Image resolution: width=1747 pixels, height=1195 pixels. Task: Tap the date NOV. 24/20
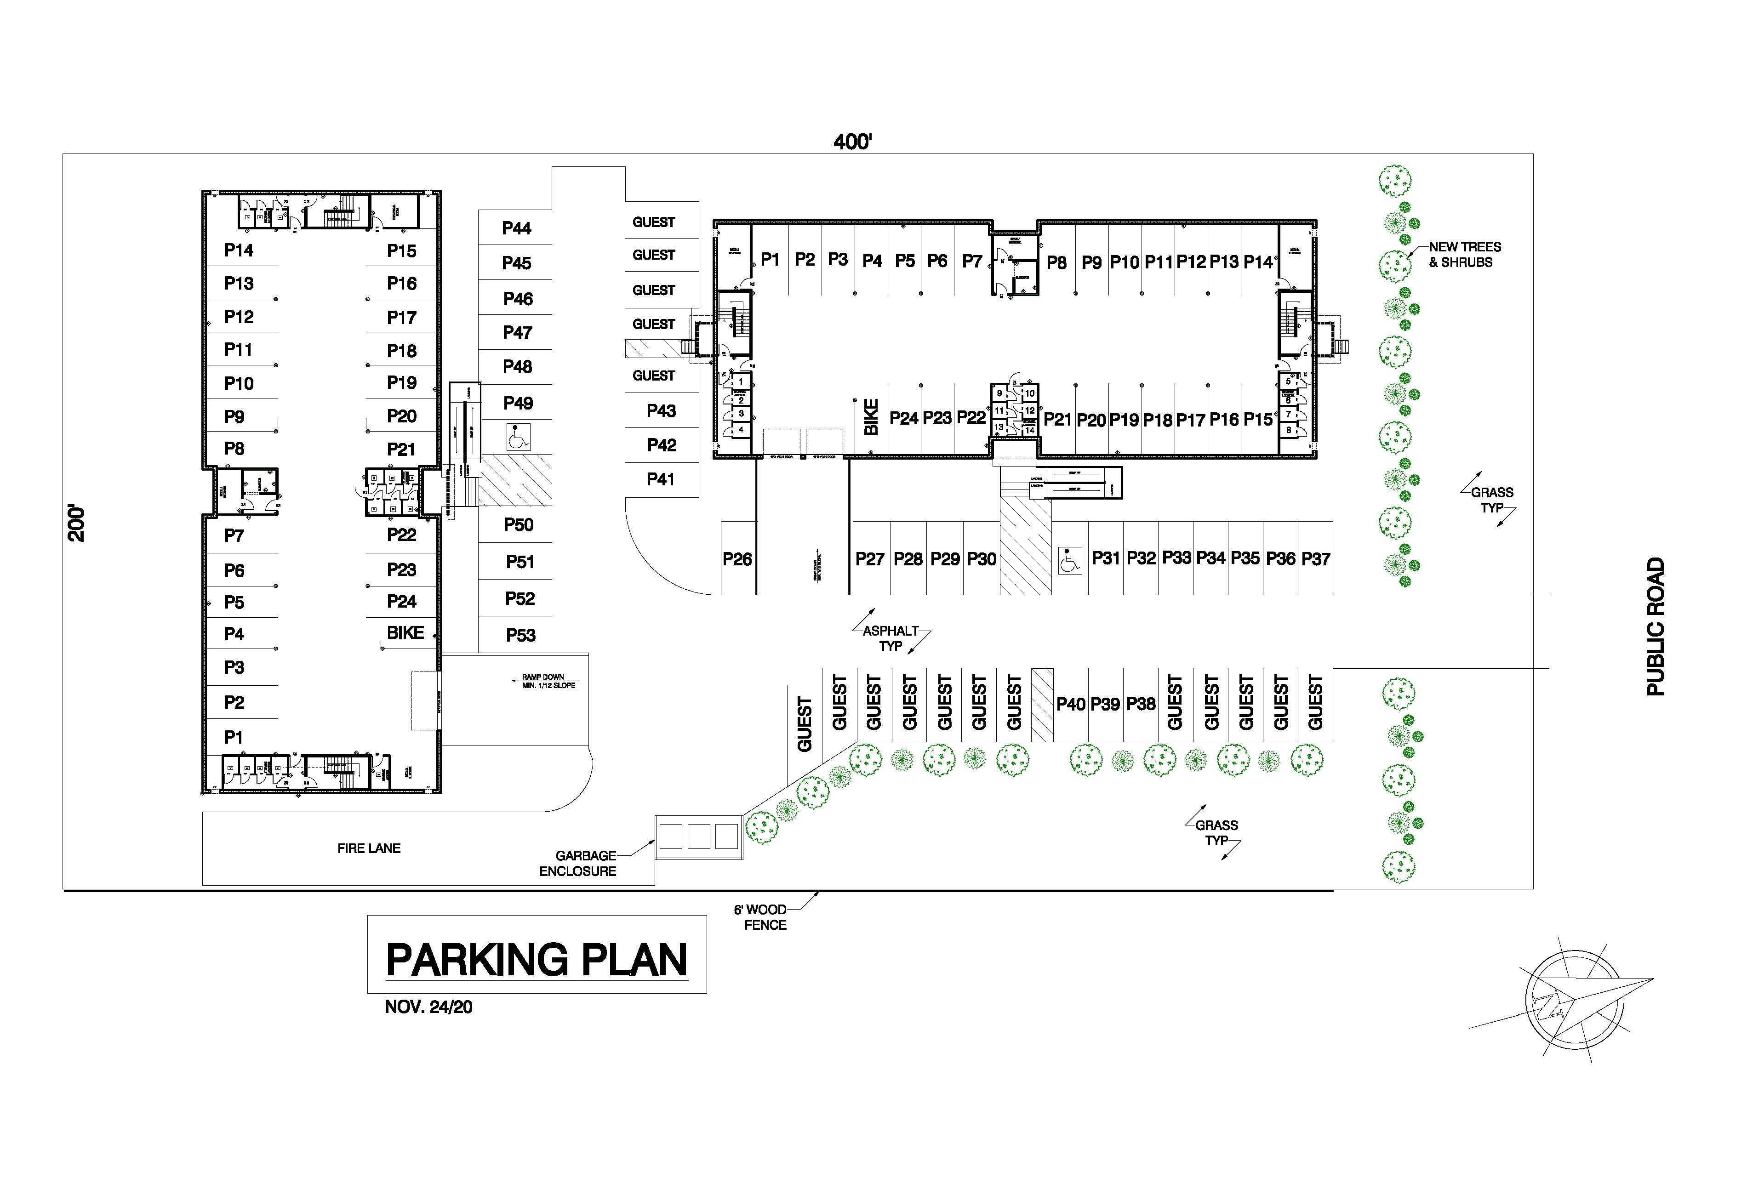[428, 1007]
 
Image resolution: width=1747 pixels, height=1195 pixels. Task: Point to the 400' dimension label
[852, 142]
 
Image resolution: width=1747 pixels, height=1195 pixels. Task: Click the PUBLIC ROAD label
[1656, 627]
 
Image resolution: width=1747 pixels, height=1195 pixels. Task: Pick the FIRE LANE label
[368, 848]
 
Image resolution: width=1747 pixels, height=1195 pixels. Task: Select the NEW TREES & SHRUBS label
[1464, 255]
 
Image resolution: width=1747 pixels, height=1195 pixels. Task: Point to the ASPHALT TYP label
[891, 638]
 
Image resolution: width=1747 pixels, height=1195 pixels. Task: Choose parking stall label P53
[520, 636]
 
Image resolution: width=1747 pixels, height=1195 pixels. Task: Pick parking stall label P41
[661, 479]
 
